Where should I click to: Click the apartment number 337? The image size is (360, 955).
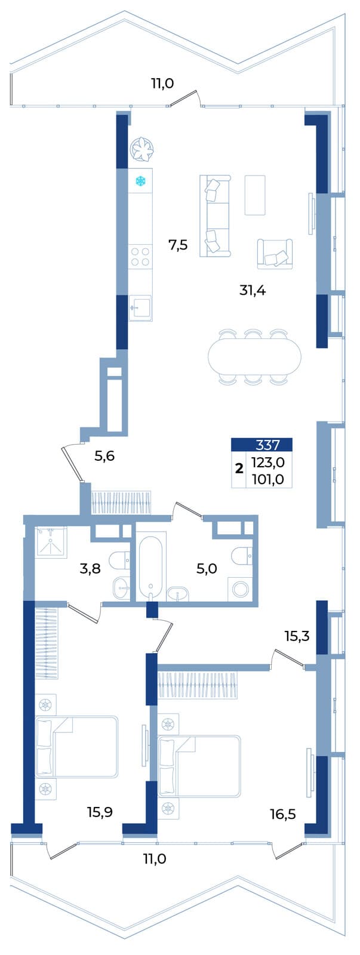[x=267, y=445]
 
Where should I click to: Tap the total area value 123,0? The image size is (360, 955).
[x=268, y=462]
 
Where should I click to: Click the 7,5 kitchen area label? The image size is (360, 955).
[x=178, y=245]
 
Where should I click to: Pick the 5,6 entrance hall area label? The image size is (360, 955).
[x=104, y=457]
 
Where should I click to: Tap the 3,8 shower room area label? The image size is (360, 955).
[x=90, y=568]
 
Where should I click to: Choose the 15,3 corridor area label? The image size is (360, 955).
[x=297, y=636]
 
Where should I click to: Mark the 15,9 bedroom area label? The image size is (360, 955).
[x=100, y=812]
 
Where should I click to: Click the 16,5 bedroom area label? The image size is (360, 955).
[x=283, y=815]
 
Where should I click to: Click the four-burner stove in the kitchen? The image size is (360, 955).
[x=141, y=257]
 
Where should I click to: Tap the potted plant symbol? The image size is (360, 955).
[x=141, y=150]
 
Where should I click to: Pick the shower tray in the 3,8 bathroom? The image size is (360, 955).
[x=51, y=541]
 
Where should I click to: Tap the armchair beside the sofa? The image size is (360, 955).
[x=275, y=254]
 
